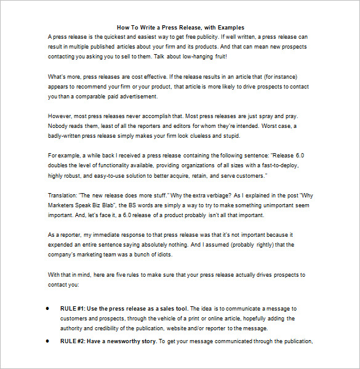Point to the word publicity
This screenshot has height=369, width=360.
(x=212, y=37)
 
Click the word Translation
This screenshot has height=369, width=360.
(x=62, y=196)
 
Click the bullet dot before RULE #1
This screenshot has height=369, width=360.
(x=48, y=309)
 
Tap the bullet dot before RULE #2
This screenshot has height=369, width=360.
(x=48, y=341)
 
